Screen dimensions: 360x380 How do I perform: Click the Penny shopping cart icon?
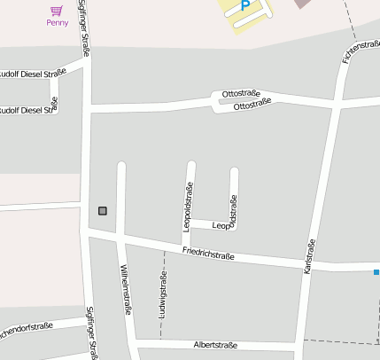(x=57, y=11)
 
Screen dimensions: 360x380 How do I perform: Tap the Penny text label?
(x=58, y=23)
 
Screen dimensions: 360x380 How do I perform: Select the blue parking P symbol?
(x=245, y=6)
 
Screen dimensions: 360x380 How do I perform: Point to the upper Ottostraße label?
(x=240, y=94)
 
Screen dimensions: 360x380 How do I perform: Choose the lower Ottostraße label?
(x=252, y=106)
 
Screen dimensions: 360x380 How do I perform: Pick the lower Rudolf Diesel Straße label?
(x=27, y=111)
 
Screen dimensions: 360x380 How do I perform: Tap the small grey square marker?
(x=103, y=210)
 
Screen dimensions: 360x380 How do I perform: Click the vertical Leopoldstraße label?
(x=188, y=207)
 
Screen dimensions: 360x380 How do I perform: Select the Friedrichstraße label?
(x=208, y=254)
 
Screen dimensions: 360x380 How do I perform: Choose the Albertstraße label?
(x=217, y=344)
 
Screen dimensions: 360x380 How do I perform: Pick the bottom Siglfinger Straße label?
(x=90, y=333)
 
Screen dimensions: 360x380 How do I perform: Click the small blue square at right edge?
(x=376, y=272)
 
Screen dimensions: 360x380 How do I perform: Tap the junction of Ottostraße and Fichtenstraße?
(x=337, y=106)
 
